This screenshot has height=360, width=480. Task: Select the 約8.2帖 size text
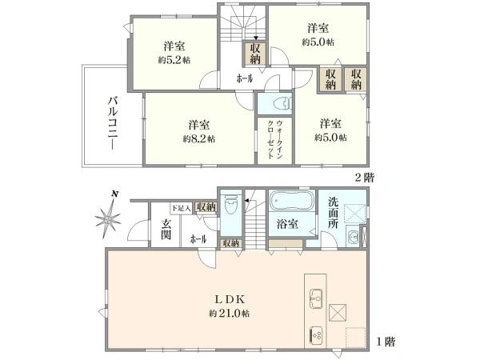[x=198, y=138]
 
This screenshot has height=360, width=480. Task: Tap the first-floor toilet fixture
[x=230, y=205]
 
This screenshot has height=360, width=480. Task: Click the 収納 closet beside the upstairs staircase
[x=254, y=54]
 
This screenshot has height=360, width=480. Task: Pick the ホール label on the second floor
[x=244, y=78]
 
